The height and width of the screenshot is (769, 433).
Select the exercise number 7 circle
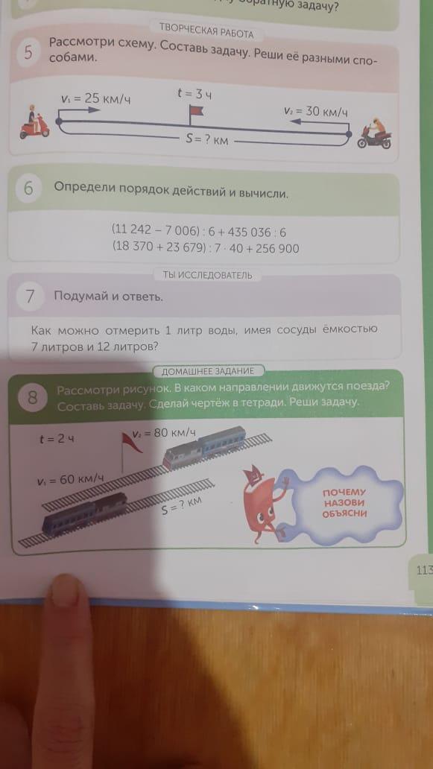coord(30,297)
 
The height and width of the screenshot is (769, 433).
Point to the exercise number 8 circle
coord(32,397)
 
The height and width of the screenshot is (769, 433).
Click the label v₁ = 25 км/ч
coord(97,98)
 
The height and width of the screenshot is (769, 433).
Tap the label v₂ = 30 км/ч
coord(316,111)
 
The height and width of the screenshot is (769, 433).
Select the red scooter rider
coord(34,123)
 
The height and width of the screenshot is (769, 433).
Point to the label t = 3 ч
coord(195,94)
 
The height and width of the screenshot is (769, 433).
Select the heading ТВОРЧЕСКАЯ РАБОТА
coord(206,34)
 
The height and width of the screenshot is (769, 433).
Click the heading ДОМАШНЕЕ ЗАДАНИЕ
coord(208,371)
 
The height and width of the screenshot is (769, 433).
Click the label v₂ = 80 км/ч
coord(164,434)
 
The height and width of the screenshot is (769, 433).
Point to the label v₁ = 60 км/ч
coord(71,479)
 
